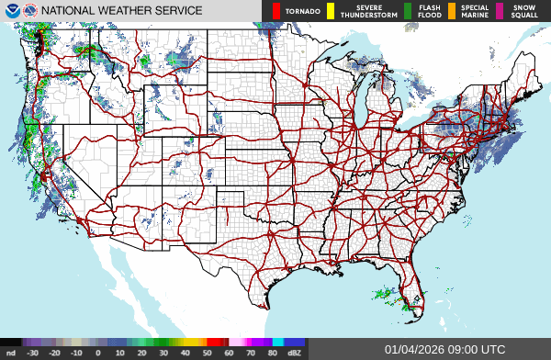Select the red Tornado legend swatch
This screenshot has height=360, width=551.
tap(276, 11)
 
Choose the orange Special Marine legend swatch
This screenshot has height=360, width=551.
tap(453, 11)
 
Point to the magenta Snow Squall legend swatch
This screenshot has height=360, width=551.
tap(500, 11)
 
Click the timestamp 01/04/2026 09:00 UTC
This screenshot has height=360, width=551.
tap(444, 349)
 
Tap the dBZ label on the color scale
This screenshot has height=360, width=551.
tap(294, 352)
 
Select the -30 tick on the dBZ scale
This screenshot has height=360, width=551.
tap(32, 352)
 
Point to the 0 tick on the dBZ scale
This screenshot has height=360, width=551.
tap(98, 352)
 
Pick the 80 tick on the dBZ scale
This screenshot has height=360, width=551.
tap(273, 352)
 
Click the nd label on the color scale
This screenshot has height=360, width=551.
tap(11, 352)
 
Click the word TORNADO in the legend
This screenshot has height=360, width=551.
tap(303, 11)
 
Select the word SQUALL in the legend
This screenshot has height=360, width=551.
tap(523, 16)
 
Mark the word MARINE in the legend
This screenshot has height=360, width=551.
tap(475, 16)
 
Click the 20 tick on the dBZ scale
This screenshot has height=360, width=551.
tap(142, 352)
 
